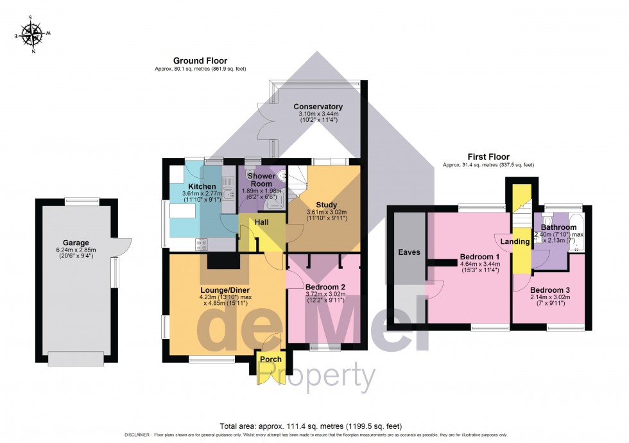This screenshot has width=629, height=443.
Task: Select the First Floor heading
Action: coord(488,157)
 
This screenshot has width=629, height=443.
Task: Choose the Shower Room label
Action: coord(262,179)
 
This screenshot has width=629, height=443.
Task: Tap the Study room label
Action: coord(326,205)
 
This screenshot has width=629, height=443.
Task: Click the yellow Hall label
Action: coord(261,221)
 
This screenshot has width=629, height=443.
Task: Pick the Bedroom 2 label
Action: coord(325,286)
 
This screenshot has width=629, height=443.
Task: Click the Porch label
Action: coord(270,359)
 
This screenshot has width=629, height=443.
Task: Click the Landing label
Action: coord(515,241)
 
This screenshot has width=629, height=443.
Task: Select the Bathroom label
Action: coord(558,227)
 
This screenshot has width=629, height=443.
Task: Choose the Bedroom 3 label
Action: coord(549,290)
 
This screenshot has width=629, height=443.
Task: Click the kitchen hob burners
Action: coord(201,244)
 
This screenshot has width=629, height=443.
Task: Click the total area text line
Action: coord(314,426)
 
